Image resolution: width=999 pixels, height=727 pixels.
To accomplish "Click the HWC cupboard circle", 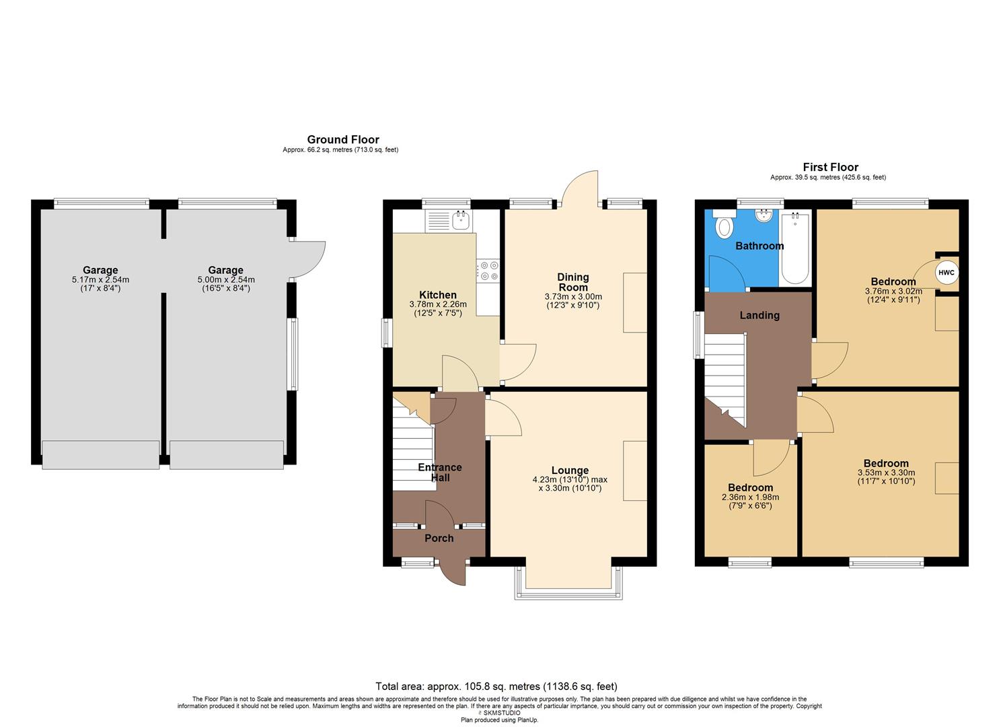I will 946,273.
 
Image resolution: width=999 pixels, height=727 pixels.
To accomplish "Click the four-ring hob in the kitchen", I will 488,271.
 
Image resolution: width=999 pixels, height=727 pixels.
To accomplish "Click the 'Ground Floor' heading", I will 343,140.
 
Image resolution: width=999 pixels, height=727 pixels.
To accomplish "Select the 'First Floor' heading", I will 830,167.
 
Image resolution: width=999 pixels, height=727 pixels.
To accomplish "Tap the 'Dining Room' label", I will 573,282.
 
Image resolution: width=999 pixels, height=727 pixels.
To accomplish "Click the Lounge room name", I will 570,471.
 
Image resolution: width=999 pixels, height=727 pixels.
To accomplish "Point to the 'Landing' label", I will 760,315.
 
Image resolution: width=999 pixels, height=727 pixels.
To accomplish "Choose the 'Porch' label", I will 439,538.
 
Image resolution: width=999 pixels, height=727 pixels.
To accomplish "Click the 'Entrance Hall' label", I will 440,473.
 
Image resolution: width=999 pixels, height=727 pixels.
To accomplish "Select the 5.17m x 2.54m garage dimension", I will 100,279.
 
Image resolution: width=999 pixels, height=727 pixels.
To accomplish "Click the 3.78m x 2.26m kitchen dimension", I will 438,304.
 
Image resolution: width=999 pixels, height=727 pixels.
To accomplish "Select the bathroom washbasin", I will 764,216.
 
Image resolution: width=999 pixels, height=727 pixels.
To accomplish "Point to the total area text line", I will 496,687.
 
